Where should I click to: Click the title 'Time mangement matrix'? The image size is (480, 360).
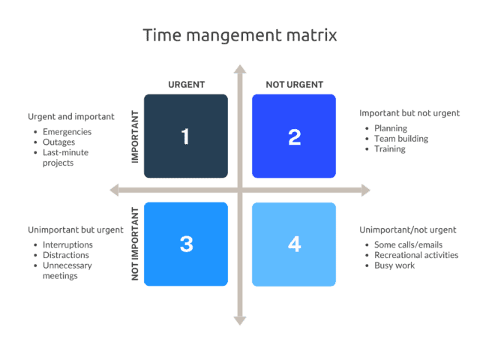(240, 35)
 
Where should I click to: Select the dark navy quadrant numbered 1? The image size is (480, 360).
(185, 136)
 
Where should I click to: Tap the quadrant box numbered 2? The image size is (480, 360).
(294, 136)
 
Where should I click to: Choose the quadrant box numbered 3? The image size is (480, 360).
(185, 244)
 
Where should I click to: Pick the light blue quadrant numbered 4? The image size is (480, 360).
(294, 244)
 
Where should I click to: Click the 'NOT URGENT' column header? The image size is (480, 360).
(294, 84)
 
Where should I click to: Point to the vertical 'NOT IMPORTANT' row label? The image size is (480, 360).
(136, 244)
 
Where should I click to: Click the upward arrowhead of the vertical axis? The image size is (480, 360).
(240, 70)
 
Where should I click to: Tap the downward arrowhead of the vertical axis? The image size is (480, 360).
(240, 320)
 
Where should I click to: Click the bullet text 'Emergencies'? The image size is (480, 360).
(67, 132)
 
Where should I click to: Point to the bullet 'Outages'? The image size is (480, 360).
(59, 142)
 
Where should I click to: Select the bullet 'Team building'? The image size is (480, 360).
(401, 139)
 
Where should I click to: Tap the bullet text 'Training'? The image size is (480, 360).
(390, 149)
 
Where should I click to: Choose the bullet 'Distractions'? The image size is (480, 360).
(67, 255)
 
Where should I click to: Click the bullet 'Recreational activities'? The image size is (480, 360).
(416, 255)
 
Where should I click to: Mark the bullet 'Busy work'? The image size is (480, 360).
(394, 265)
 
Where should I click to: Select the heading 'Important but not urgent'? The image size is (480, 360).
(409, 113)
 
